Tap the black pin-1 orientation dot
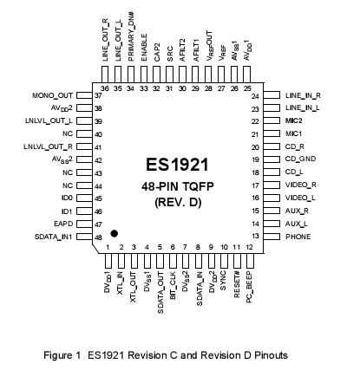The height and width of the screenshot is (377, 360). click(114, 233)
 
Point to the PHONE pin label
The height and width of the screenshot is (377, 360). click(298, 236)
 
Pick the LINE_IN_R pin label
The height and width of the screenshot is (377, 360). click(303, 95)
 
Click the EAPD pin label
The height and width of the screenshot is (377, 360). click(61, 223)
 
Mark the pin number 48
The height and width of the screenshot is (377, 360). click(99, 236)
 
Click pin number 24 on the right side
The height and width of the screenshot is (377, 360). click(256, 95)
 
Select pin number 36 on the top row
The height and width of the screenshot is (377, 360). click(105, 88)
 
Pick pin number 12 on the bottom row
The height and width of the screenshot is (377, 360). click(249, 248)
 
